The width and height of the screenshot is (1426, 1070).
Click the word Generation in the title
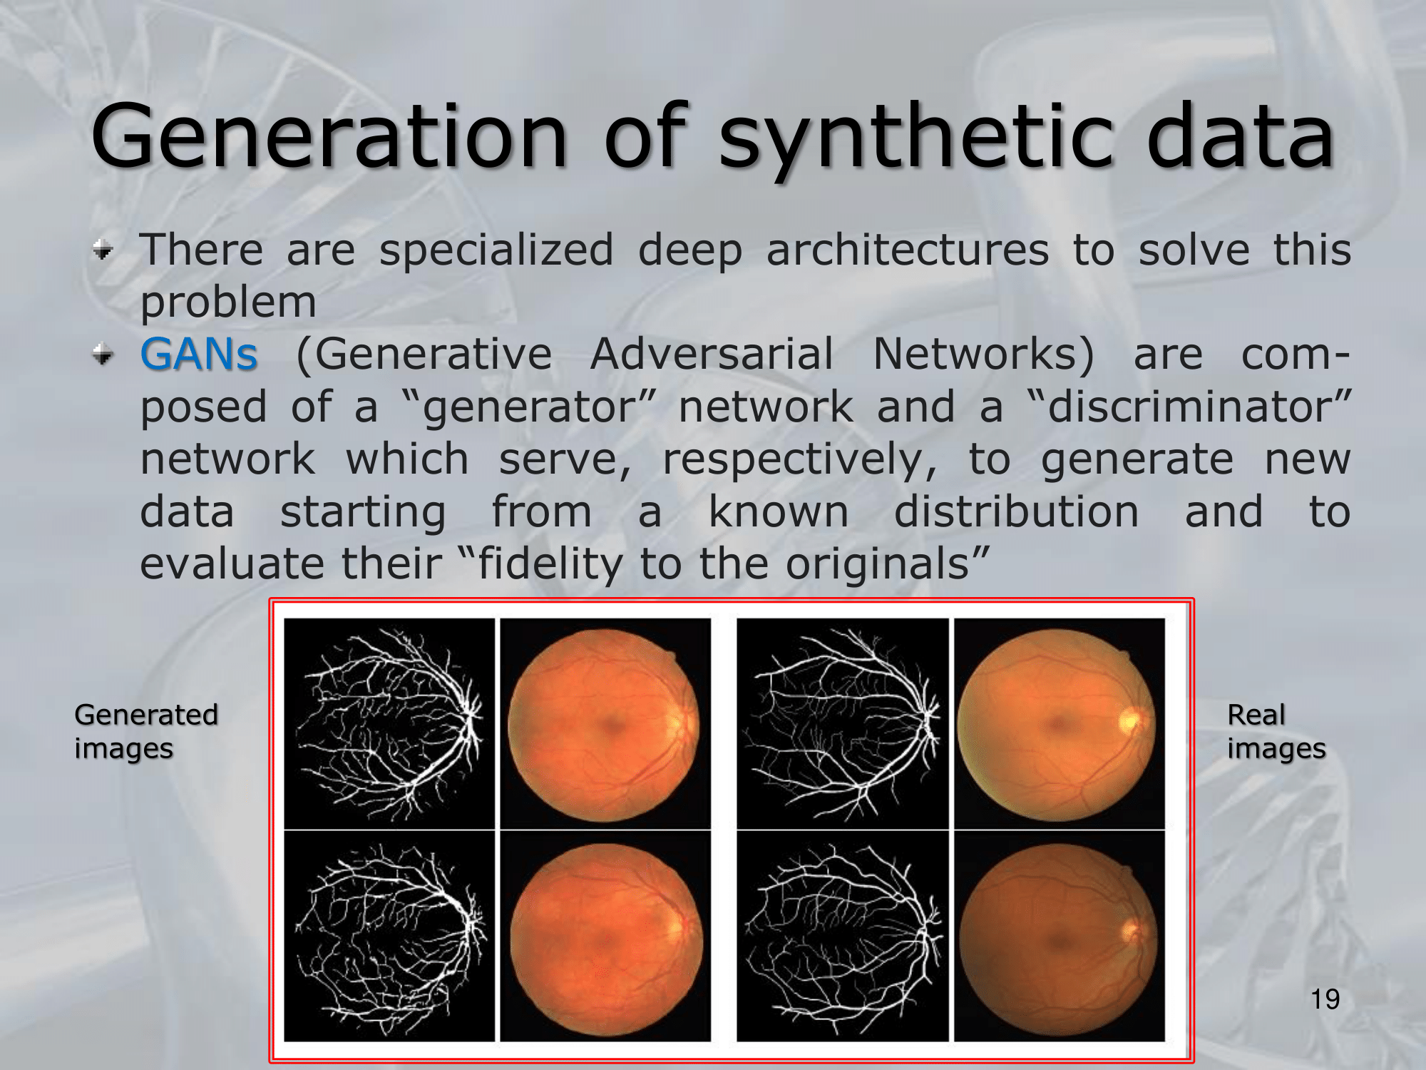tap(329, 136)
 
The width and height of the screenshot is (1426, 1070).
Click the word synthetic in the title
tap(916, 140)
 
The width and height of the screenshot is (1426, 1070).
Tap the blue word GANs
tap(199, 354)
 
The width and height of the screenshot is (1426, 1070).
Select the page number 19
tap(1325, 999)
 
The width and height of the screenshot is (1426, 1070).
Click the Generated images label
tap(146, 732)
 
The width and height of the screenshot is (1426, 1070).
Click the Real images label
tap(1276, 732)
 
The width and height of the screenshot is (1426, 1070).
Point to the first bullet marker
tap(103, 250)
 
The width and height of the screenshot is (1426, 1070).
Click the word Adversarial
tap(712, 354)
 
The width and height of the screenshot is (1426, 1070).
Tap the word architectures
tap(908, 250)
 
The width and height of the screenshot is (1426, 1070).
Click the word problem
tap(228, 303)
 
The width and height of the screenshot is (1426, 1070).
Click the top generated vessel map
tap(389, 723)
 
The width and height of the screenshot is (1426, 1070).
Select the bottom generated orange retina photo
tap(605, 936)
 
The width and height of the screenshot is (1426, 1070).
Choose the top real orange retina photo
tap(1059, 723)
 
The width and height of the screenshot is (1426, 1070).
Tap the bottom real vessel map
tap(842, 936)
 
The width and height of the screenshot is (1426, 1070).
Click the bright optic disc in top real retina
tap(1129, 721)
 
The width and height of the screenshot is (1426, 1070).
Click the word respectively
tap(799, 460)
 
